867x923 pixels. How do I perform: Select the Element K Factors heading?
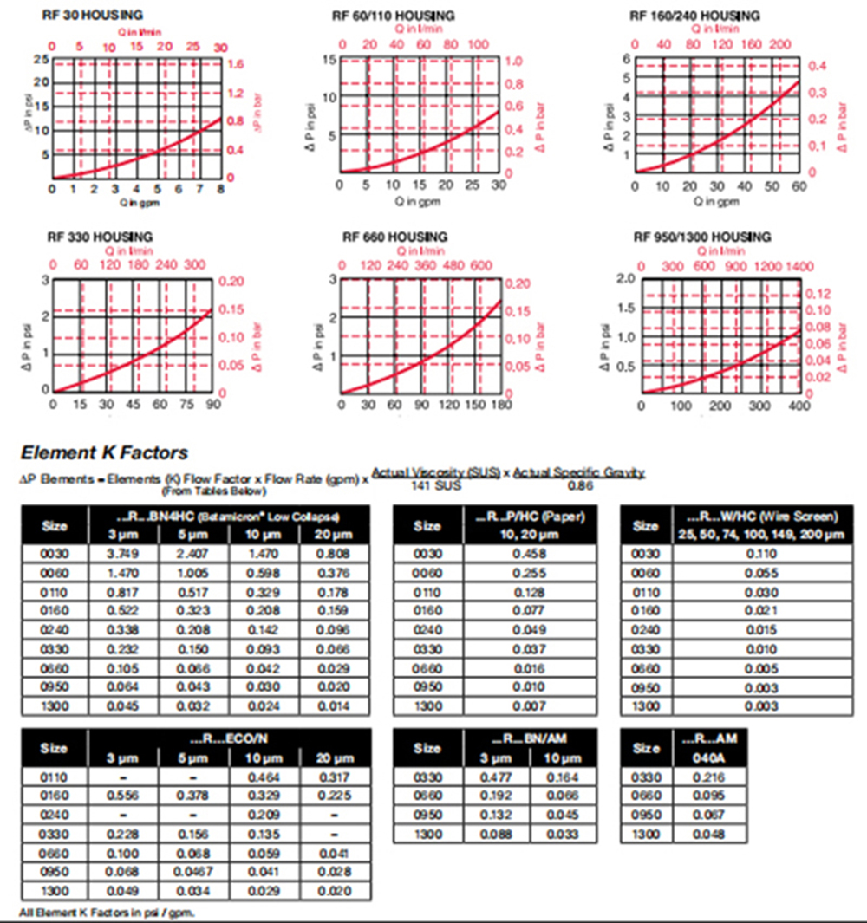(x=104, y=452)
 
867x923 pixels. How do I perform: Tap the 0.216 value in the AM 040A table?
(x=709, y=777)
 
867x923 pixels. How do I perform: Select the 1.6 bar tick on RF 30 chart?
(x=237, y=64)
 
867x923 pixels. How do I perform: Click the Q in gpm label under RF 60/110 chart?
(x=419, y=201)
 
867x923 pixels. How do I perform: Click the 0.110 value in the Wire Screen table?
(x=745, y=553)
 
